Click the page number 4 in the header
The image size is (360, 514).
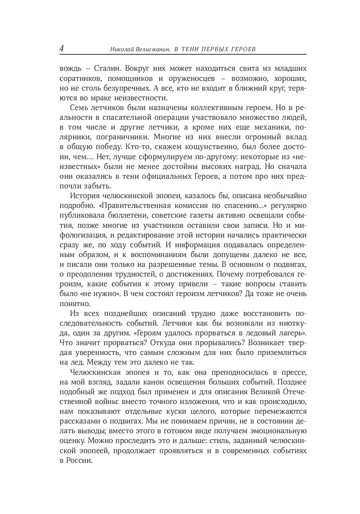pos(62,49)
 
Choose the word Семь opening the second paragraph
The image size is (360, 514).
pos(78,108)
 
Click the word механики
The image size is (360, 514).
pos(272,127)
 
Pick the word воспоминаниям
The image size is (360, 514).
pos(159,255)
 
